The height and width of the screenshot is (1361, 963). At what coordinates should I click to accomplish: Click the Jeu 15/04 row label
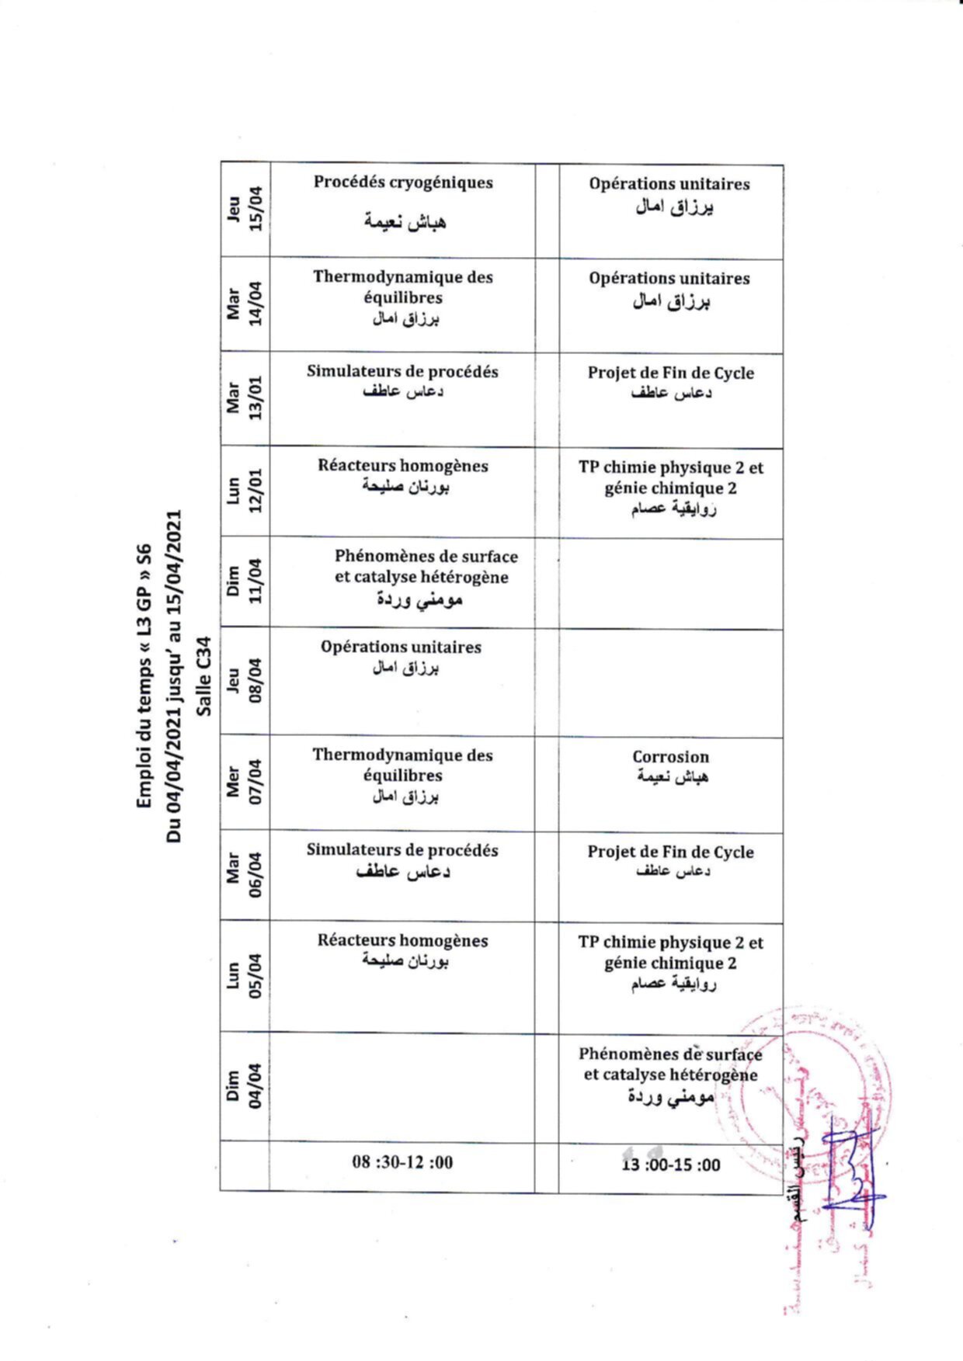[x=245, y=210]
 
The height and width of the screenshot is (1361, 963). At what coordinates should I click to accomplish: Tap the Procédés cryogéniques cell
[x=402, y=202]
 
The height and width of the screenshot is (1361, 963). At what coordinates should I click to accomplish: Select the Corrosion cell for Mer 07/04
[x=670, y=766]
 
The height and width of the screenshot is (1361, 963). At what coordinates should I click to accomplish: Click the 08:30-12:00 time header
[x=402, y=1162]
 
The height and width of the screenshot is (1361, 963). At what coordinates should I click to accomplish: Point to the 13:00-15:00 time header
[x=670, y=1165]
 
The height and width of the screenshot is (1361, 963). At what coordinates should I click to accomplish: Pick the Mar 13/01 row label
[x=245, y=398]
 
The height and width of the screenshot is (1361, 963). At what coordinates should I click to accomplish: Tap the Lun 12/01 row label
[x=245, y=491]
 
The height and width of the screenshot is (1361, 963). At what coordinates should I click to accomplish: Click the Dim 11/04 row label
[x=245, y=582]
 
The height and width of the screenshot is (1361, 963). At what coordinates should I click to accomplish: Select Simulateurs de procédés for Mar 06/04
[x=402, y=860]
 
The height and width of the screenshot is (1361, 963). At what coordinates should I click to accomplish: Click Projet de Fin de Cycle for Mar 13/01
[x=670, y=382]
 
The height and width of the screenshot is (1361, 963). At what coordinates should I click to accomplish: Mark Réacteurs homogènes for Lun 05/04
[x=402, y=950]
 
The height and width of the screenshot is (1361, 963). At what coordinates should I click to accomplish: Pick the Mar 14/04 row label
[x=245, y=304]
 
